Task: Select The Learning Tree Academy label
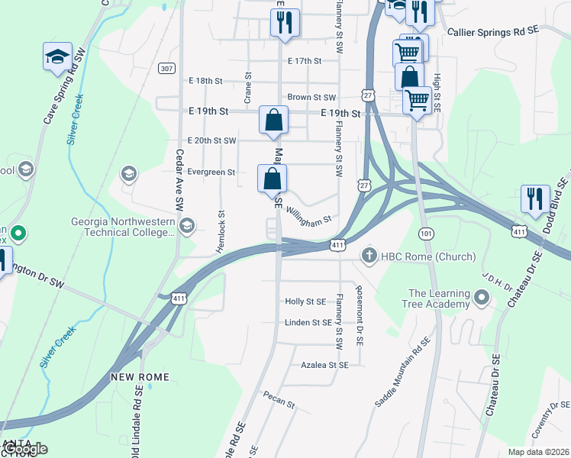tap(439, 298)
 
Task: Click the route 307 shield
tap(166, 69)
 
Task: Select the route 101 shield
tap(426, 231)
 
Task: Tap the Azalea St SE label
tap(324, 366)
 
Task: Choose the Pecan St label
tap(279, 398)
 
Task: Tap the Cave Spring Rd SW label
tap(62, 95)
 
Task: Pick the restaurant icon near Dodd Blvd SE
tap(535, 198)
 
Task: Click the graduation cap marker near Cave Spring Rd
tap(56, 57)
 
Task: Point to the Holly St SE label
tap(305, 302)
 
